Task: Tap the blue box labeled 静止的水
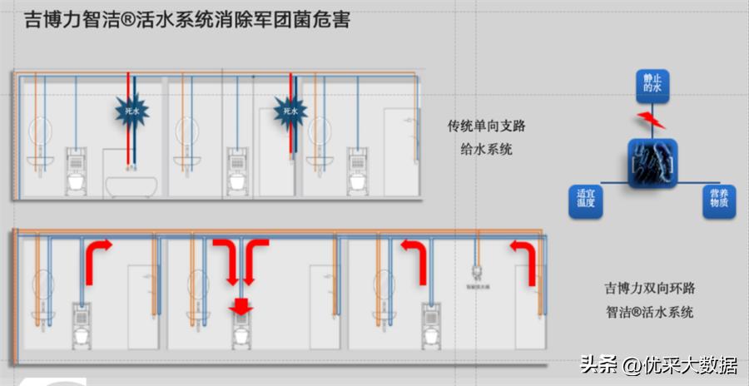(x=652, y=82)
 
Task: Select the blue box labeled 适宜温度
(x=586, y=200)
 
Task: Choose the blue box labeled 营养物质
(x=718, y=200)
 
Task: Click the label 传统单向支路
(x=487, y=126)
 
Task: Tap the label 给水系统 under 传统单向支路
(x=487, y=150)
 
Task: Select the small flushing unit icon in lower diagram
(x=478, y=271)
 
